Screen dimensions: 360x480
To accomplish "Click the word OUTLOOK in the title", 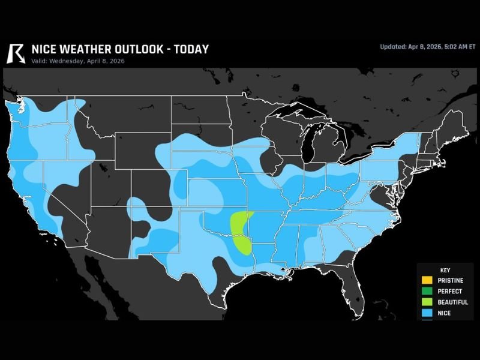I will point(132,49).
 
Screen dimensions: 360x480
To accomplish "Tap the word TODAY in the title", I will point(191,49).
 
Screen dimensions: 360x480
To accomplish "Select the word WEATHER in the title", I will point(78,49).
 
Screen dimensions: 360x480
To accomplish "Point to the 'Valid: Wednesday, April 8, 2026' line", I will point(74,61).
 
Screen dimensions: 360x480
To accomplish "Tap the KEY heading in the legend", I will point(445,270).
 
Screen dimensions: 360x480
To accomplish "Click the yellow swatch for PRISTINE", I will point(426,280).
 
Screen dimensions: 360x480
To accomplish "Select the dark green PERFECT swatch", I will point(426,291).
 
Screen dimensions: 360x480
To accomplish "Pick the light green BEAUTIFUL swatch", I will point(426,302).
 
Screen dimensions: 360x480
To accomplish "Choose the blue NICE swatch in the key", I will point(426,313).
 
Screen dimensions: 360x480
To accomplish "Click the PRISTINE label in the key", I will point(451,280).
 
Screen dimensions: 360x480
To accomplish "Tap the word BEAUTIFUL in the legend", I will point(453,302).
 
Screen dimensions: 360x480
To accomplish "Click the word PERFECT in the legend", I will point(450,291).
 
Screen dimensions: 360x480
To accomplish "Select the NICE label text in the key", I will point(445,313).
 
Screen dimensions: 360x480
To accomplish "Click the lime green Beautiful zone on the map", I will point(241,231).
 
